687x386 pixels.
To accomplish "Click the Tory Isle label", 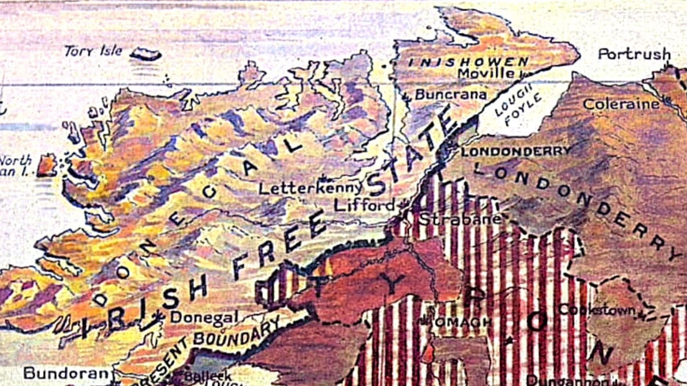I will pos(93,51).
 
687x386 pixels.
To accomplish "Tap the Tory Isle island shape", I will pos(145,54).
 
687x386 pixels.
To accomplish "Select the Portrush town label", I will pos(634,54).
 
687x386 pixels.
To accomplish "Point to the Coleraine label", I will pos(621,104).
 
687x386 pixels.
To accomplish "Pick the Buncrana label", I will pos(451,94).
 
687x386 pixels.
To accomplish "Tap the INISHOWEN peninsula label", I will pos(468,61).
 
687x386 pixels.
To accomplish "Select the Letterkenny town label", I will pos(310,188).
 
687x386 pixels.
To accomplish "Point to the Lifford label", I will pos(364,205).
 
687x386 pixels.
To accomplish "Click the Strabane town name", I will pos(460,218).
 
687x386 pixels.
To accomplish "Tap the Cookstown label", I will pos(597,309).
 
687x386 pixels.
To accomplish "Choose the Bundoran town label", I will pos(66,373).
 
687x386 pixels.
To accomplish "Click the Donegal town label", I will pos(204,317).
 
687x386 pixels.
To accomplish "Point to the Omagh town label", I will pos(463,322).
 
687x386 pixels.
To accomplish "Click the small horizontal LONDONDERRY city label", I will pos(516,152).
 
